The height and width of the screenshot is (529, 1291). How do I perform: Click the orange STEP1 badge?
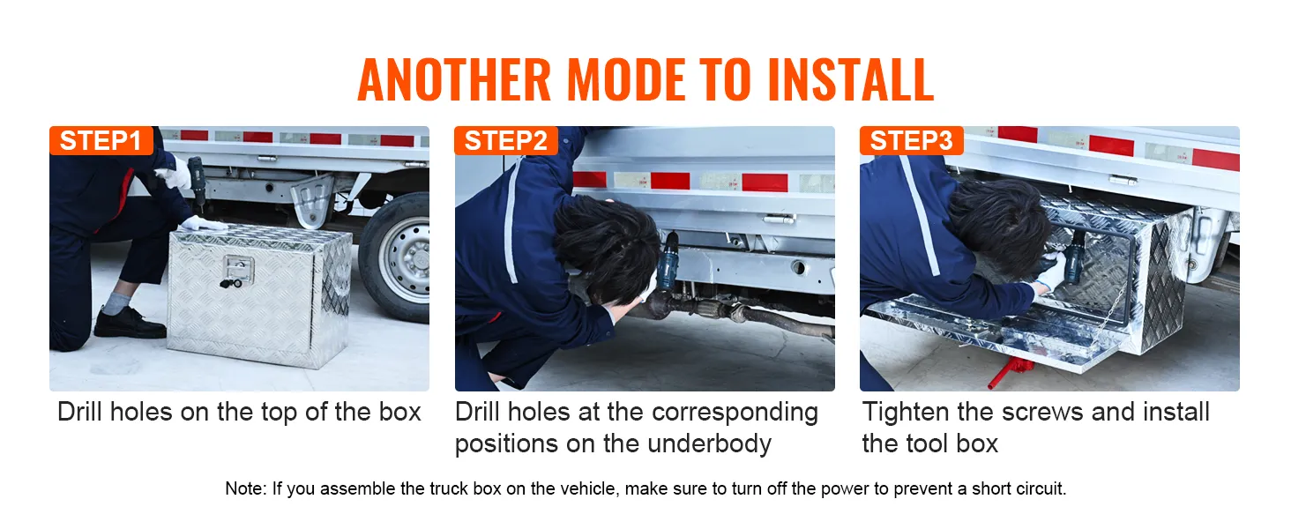tap(101, 141)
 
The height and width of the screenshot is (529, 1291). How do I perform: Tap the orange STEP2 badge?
tap(506, 141)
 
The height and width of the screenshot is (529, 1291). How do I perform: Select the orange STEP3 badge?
tap(911, 141)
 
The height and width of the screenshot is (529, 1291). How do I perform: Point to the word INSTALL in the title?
tap(850, 80)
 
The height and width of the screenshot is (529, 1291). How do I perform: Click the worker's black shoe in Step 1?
tap(128, 324)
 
